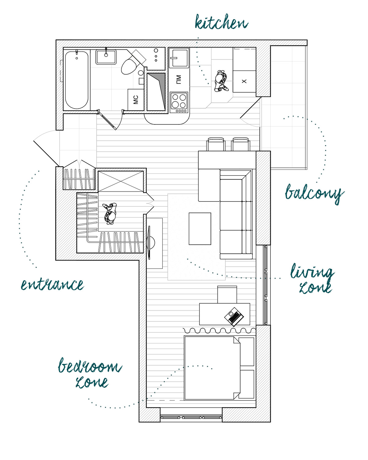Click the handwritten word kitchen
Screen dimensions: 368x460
coord(221,22)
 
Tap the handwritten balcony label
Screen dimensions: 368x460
coord(314,194)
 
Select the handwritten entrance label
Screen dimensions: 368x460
coord(52,285)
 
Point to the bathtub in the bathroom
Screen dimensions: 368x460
coord(77,79)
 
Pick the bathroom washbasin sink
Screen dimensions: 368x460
coord(106,57)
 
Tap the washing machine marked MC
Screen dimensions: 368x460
coord(136,100)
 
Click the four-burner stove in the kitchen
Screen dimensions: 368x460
coord(179,102)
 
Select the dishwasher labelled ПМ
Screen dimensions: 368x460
coord(179,79)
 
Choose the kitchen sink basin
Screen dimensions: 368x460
coord(179,58)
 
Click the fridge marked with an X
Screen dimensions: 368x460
coord(244,81)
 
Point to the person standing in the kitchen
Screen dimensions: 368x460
coord(221,81)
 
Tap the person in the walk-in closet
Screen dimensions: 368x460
coord(110,213)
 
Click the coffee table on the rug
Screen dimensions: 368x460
coord(200,228)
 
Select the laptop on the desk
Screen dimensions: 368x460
coord(234,316)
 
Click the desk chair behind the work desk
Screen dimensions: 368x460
coord(227,294)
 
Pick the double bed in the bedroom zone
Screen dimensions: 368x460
coord(212,368)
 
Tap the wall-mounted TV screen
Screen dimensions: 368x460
coord(149,243)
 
